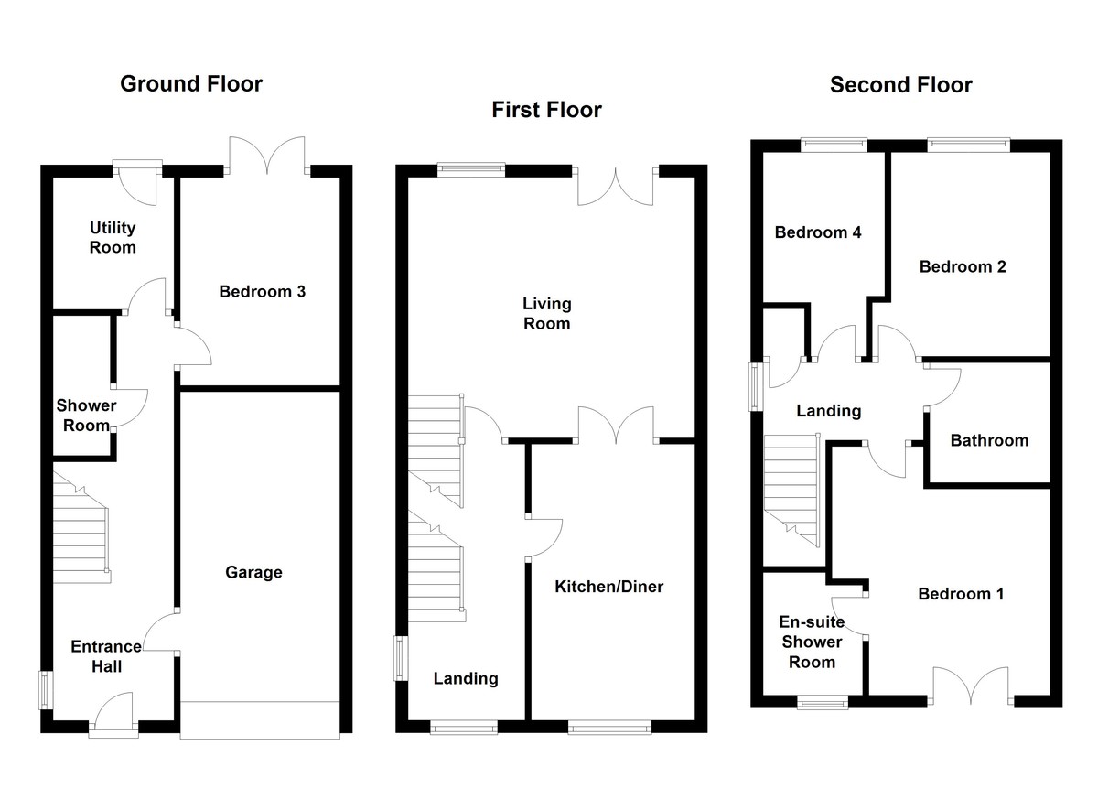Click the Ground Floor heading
click(x=191, y=84)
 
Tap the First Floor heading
click(x=546, y=111)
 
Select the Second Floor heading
click(x=900, y=85)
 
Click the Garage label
click(x=253, y=573)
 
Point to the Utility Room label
click(x=113, y=237)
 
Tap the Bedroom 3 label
click(x=262, y=292)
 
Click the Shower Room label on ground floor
click(x=86, y=415)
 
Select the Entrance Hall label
click(x=106, y=656)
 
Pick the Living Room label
click(x=546, y=313)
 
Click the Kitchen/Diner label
click(x=608, y=587)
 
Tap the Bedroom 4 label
click(x=817, y=232)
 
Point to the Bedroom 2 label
click(x=963, y=267)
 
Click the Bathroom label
click(x=988, y=441)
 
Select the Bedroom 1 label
click(x=961, y=594)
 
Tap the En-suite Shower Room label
click(x=811, y=642)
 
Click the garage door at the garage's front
click(x=260, y=719)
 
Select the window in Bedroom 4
click(x=833, y=143)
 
